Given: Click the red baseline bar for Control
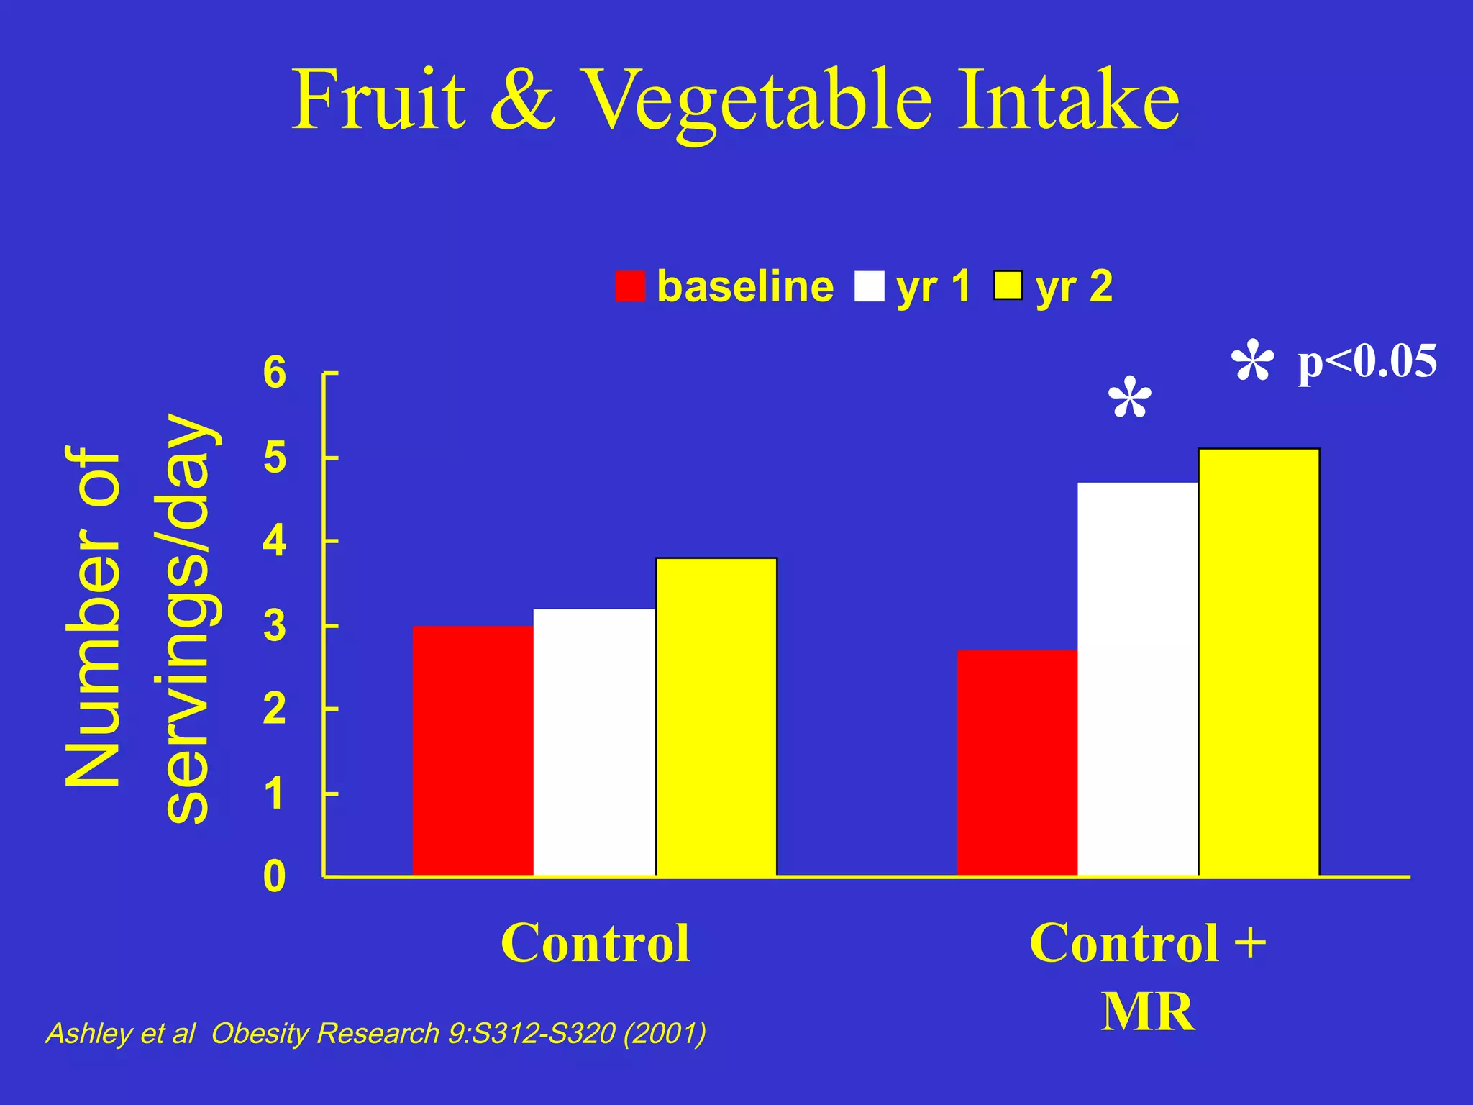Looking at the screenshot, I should point(473,750).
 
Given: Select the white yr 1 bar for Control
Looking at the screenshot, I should point(594,742).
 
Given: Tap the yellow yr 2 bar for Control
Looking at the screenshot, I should point(716,717).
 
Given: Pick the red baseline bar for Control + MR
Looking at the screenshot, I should point(1017,763).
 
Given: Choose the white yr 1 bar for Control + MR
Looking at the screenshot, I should point(1138,678).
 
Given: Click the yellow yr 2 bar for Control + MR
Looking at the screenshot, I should point(1259,662).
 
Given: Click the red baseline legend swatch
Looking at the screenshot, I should point(630,286).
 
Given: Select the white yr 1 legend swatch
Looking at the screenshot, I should point(869,286).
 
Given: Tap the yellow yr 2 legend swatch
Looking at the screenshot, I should point(1008,286).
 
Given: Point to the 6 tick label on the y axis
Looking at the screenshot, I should point(275,373).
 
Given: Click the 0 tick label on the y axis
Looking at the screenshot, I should point(274,877).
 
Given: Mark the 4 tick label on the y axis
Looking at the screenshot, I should point(275,541).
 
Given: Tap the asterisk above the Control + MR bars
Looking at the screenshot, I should point(1129,397).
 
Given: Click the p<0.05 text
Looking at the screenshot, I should point(1367,361).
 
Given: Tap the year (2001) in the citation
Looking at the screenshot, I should point(665,1034).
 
